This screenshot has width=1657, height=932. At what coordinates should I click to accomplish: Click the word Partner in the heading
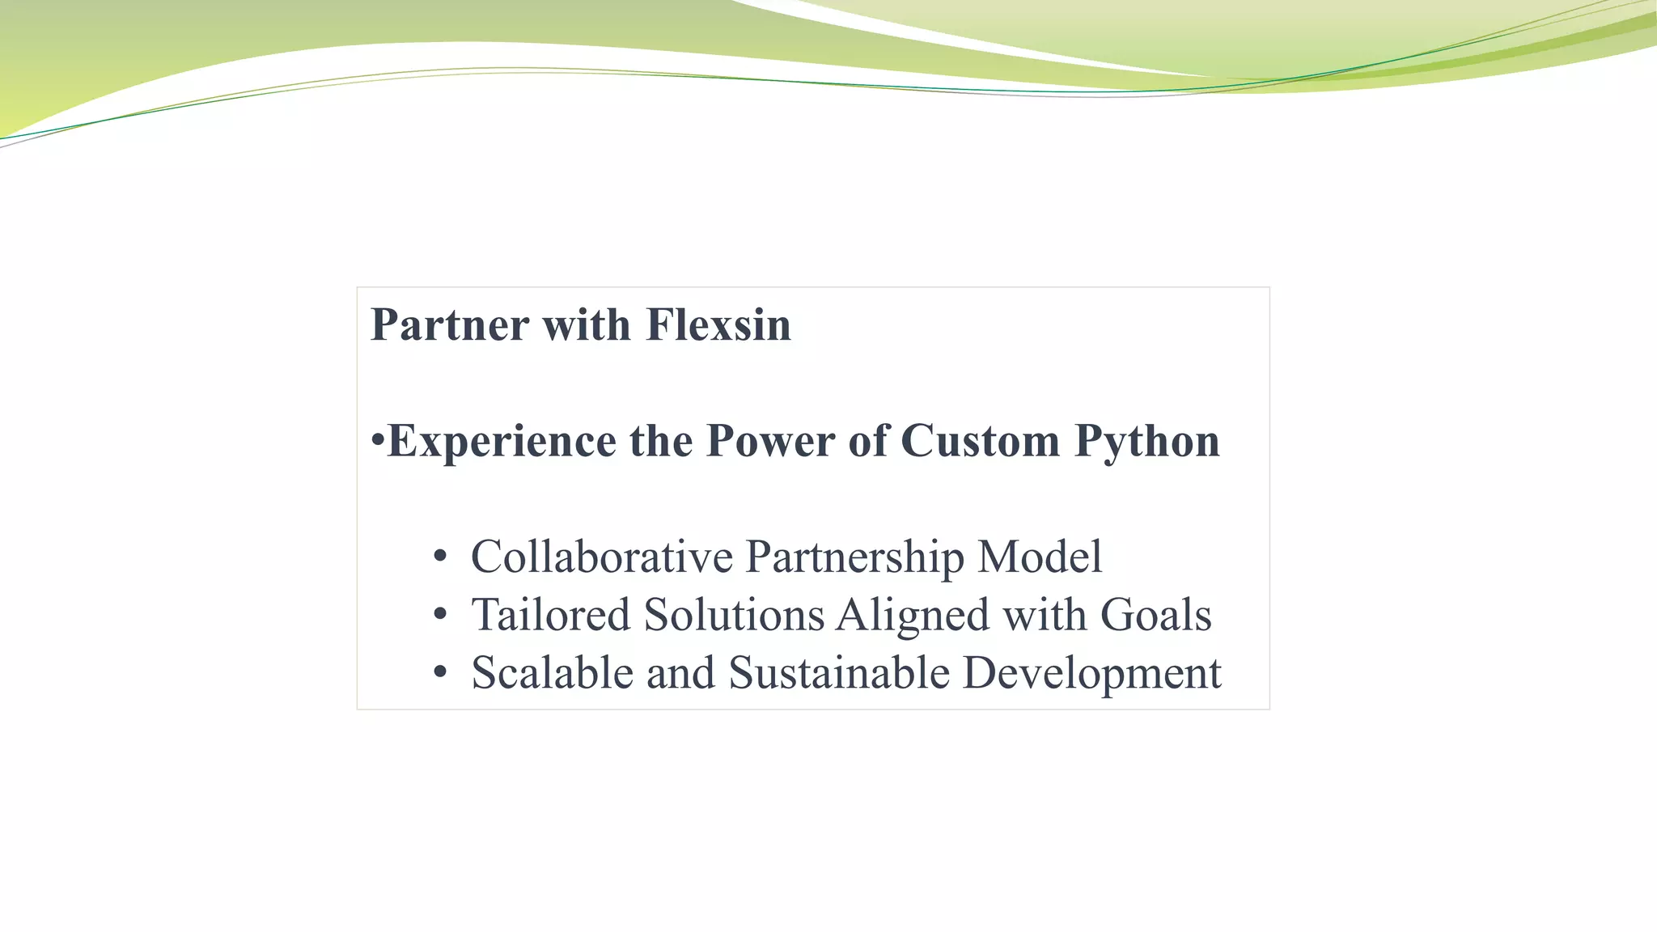pos(450,325)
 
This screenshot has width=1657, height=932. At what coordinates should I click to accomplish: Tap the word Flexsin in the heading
pos(718,325)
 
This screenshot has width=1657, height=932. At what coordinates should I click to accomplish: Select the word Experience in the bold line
pos(502,442)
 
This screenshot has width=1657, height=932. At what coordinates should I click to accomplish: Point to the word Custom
pos(980,442)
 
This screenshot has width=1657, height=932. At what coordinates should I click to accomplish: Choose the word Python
pos(1146,442)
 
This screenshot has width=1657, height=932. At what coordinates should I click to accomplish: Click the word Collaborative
pos(602,557)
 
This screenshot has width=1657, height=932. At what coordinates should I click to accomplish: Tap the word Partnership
pos(854,558)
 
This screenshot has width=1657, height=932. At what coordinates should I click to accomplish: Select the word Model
pos(1040,557)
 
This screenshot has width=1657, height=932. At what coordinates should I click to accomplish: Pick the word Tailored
pos(551,615)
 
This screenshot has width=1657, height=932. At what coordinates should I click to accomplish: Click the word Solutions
pos(734,615)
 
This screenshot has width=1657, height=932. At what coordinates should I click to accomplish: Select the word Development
pos(1091,675)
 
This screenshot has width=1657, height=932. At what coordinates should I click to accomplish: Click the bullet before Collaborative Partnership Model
pos(439,557)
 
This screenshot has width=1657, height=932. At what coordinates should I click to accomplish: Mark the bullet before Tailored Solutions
pos(439,615)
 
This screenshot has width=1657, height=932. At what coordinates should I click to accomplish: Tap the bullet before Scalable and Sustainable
pos(439,673)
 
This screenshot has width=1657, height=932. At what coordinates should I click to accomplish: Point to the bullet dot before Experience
pos(377,443)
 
